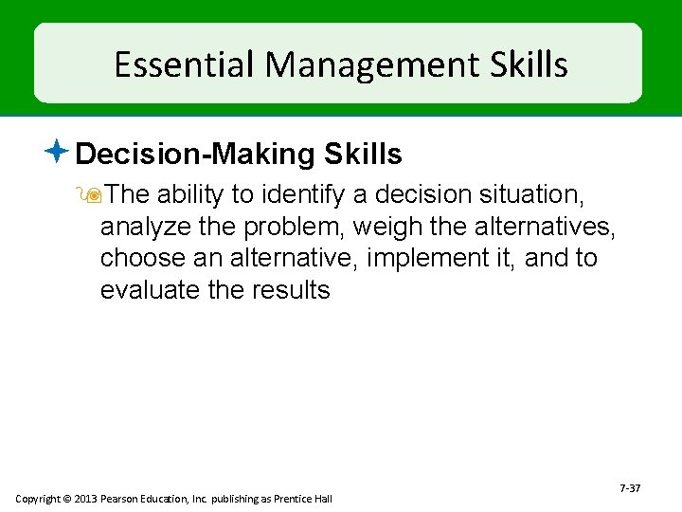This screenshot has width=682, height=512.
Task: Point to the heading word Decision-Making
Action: (x=195, y=154)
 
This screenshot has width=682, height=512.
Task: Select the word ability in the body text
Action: (x=189, y=195)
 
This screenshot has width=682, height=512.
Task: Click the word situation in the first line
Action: (x=533, y=195)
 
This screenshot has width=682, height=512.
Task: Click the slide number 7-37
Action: (x=630, y=488)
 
